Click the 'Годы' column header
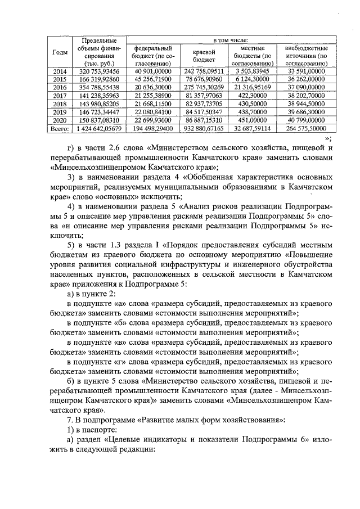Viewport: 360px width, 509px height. point(60,52)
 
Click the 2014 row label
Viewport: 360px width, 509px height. point(60,72)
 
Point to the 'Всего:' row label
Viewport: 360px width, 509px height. point(60,129)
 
